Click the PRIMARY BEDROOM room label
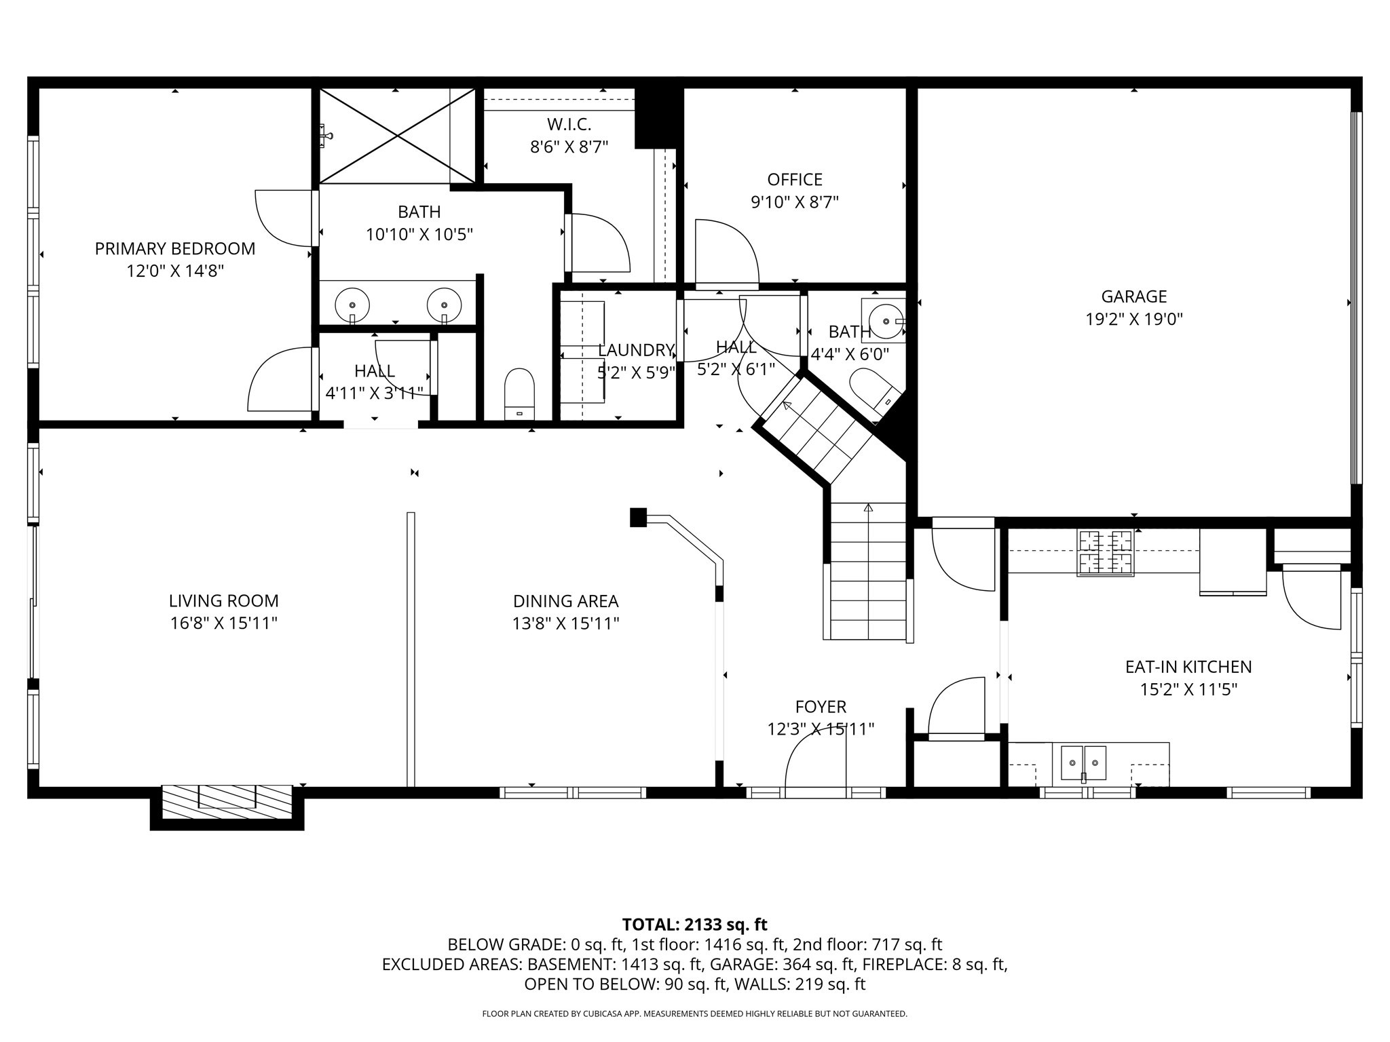click(175, 248)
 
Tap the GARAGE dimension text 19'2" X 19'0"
click(1133, 320)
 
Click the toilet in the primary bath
click(519, 393)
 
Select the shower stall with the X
click(396, 136)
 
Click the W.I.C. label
click(569, 125)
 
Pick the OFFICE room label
click(794, 180)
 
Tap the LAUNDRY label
click(635, 350)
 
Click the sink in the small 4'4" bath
click(886, 320)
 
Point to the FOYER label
click(821, 707)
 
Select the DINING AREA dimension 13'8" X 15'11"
click(565, 623)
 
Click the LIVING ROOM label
click(223, 601)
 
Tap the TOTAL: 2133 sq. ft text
click(694, 925)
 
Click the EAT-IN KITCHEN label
click(1188, 667)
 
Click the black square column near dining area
click(637, 518)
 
